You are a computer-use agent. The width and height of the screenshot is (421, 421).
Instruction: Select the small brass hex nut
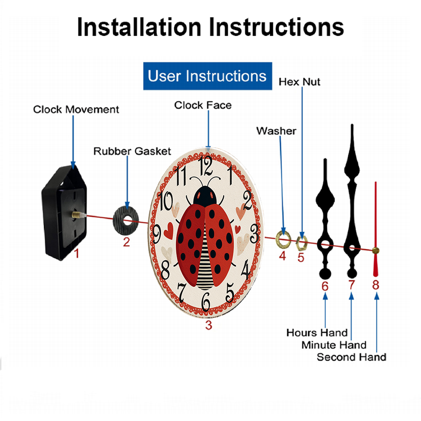pos(301,243)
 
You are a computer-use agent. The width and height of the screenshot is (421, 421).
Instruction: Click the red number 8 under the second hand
pos(376,285)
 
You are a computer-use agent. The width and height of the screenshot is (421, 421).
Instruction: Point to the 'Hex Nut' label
pos(299,82)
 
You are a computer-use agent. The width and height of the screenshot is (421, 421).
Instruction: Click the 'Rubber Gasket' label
pos(132,151)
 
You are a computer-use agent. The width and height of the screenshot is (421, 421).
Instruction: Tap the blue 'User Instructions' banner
pos(208,76)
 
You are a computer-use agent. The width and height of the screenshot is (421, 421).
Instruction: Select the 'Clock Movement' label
pos(76,109)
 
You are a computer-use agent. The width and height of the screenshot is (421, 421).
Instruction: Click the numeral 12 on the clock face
pos(205,165)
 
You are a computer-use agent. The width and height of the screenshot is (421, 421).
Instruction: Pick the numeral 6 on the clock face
pos(206,301)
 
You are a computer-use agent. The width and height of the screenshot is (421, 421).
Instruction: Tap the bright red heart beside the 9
pos(169,231)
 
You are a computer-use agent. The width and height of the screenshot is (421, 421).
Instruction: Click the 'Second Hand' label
pos(352,357)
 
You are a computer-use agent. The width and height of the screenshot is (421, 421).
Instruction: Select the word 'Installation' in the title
pos(139,27)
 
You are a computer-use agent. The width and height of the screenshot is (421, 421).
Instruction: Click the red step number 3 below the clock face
pos(209,325)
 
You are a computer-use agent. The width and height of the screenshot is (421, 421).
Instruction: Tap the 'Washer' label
pos(276,131)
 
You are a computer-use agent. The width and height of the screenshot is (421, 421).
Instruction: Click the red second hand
pos(376,229)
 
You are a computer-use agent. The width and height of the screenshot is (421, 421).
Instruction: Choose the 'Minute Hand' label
pos(334,345)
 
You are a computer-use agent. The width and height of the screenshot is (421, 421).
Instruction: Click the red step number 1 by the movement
pos(77,253)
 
